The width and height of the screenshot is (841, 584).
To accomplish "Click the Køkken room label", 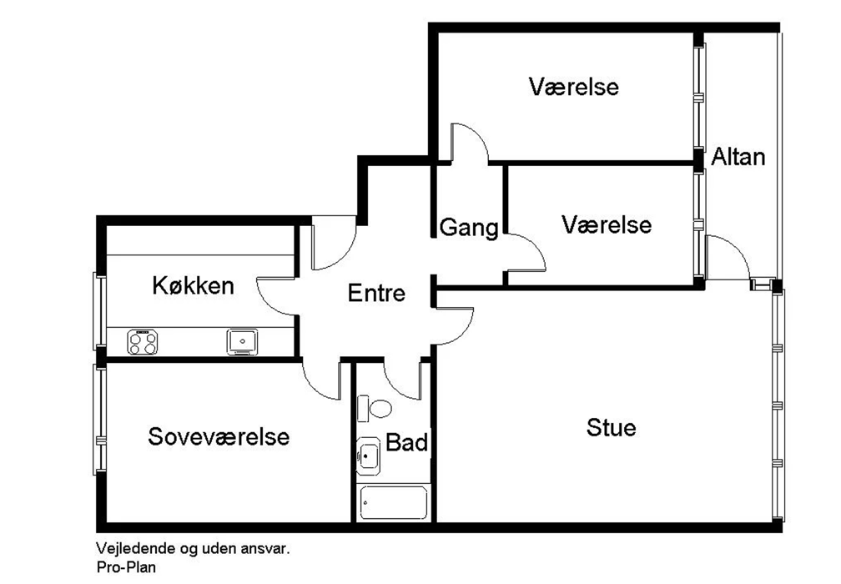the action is coord(193,286).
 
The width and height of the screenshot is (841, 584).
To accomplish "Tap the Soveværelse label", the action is coord(219,436).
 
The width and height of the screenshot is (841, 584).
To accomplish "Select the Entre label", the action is coord(376,293).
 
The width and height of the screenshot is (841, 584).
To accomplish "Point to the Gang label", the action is coord(469,228).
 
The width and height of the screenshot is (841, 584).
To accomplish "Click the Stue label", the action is coord(612,427).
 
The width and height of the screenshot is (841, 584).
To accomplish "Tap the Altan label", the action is coord(738,157).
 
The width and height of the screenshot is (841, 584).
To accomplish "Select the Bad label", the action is coord(407,443).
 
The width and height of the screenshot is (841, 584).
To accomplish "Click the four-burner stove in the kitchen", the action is coord(142,342).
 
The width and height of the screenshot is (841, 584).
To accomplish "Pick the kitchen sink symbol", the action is coord(242,342).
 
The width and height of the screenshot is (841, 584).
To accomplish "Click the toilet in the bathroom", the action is coord(375,409).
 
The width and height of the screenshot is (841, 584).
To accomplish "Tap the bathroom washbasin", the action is coord(368,456).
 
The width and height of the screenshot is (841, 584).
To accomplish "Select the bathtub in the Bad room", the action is coord(394,502).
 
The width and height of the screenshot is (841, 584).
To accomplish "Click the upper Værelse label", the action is coord(574,86).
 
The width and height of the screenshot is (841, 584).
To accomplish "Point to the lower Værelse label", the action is coord(607,224).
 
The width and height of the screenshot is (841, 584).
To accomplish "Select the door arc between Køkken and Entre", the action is coord(265,304).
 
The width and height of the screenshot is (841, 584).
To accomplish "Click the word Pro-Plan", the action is coord(126,566).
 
